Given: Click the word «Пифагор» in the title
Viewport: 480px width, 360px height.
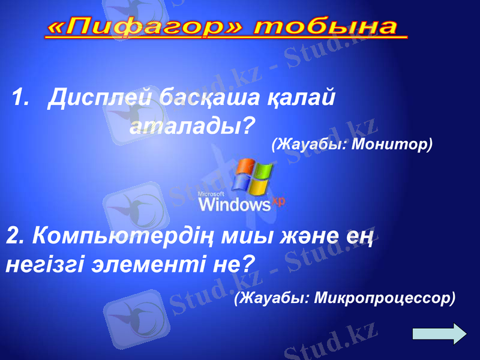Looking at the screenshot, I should (145, 27).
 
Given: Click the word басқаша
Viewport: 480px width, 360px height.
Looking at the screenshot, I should (209, 97).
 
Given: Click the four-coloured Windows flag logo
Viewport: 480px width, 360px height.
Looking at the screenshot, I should (254, 176).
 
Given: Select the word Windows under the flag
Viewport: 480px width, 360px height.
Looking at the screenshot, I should (235, 205).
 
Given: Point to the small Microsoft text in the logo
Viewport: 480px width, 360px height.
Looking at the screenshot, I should (211, 194).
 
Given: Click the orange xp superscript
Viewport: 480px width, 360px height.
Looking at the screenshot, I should (278, 201).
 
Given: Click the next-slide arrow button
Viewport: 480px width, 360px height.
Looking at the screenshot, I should (440, 334).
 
